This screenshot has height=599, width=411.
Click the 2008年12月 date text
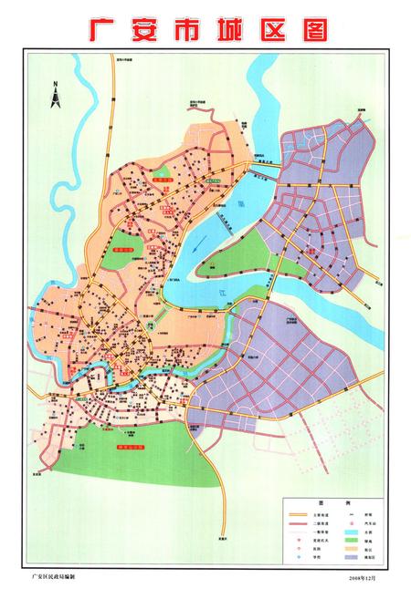[362, 577]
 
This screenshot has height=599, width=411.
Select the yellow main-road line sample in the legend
[298, 513]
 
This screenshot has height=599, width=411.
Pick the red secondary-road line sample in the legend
[298, 523]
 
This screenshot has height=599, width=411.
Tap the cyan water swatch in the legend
[352, 533]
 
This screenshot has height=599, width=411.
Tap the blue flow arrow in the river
[222, 292]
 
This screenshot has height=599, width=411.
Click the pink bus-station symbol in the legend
[352, 523]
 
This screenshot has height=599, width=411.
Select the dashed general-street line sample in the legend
[298, 533]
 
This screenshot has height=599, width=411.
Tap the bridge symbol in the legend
[352, 513]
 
